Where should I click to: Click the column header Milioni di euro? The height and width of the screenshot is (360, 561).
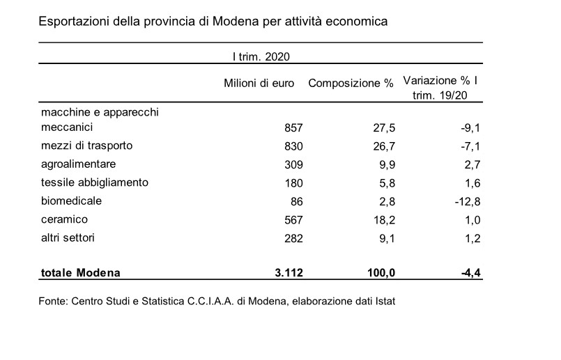click(259, 84)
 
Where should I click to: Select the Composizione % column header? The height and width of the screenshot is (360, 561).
click(351, 84)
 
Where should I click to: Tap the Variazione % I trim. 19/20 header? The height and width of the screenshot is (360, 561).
click(440, 88)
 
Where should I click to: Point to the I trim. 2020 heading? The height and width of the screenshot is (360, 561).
click(261, 57)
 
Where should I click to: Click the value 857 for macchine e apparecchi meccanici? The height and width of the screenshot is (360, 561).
click(293, 127)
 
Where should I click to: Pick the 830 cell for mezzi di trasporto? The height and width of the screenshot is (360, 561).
click(293, 146)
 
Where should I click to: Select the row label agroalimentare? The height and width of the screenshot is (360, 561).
click(78, 164)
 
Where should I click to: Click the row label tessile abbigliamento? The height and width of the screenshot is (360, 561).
click(95, 182)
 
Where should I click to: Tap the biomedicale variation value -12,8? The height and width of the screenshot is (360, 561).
click(468, 202)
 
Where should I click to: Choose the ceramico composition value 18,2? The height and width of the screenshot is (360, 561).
click(384, 220)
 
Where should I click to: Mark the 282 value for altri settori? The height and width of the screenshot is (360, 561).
click(293, 238)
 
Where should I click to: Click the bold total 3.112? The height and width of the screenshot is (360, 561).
click(289, 273)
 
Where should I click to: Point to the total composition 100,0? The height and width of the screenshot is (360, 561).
click(381, 273)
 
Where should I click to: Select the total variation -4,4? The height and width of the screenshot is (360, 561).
click(471, 273)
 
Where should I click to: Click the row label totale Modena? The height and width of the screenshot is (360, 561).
click(81, 273)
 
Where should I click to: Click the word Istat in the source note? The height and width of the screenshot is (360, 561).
click(385, 301)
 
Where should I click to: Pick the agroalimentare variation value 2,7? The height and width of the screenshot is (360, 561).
click(473, 164)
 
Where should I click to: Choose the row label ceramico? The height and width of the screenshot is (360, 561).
click(64, 219)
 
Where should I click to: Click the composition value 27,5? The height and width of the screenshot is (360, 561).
click(384, 127)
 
